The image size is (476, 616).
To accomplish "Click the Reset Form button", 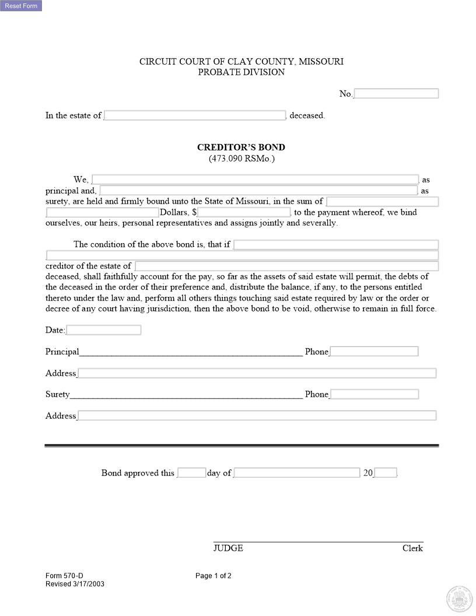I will coord(21,6).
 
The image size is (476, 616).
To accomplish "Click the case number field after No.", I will coord(396,94).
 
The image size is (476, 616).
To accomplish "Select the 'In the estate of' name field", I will coord(195,116).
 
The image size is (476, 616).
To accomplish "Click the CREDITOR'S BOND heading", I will coord(241,148).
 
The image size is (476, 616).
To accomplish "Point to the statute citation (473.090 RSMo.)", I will coord(241,159).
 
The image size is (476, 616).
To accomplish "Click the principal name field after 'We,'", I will coord(255,180).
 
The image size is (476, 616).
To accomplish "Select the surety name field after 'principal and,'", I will coord(258,191).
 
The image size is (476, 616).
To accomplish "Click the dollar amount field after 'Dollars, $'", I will coord(244,212).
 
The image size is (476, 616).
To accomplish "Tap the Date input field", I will coord(104,330).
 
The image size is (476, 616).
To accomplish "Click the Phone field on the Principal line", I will coord(374,352).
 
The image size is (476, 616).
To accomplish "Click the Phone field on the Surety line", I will coord(374,394).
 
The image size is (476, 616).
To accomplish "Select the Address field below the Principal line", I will coord(257,373).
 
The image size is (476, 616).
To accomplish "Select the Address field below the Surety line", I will coord(257,416).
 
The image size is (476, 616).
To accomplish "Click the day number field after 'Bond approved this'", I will coord(191,473).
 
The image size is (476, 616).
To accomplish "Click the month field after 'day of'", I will coord(296,473).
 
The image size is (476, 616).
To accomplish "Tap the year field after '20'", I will coord(386,473).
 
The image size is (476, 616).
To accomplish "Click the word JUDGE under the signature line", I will coord(228,548).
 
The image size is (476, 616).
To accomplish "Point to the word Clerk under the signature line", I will coord(412,548).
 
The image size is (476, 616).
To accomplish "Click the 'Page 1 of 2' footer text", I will coord(213,576).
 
